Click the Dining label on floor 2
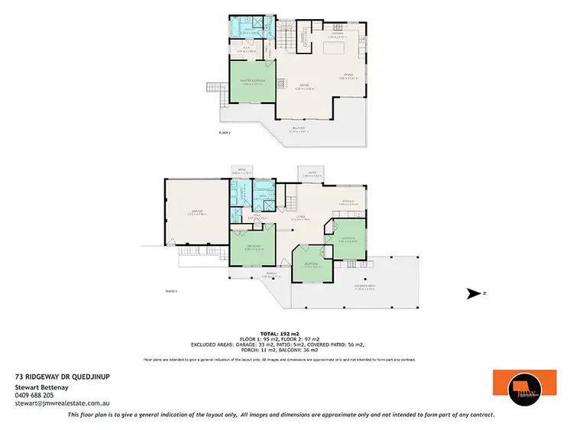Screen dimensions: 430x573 348,75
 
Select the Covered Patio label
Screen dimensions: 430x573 363,286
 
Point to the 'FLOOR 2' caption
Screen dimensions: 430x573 224,132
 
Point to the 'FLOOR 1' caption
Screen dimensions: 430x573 171,291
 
